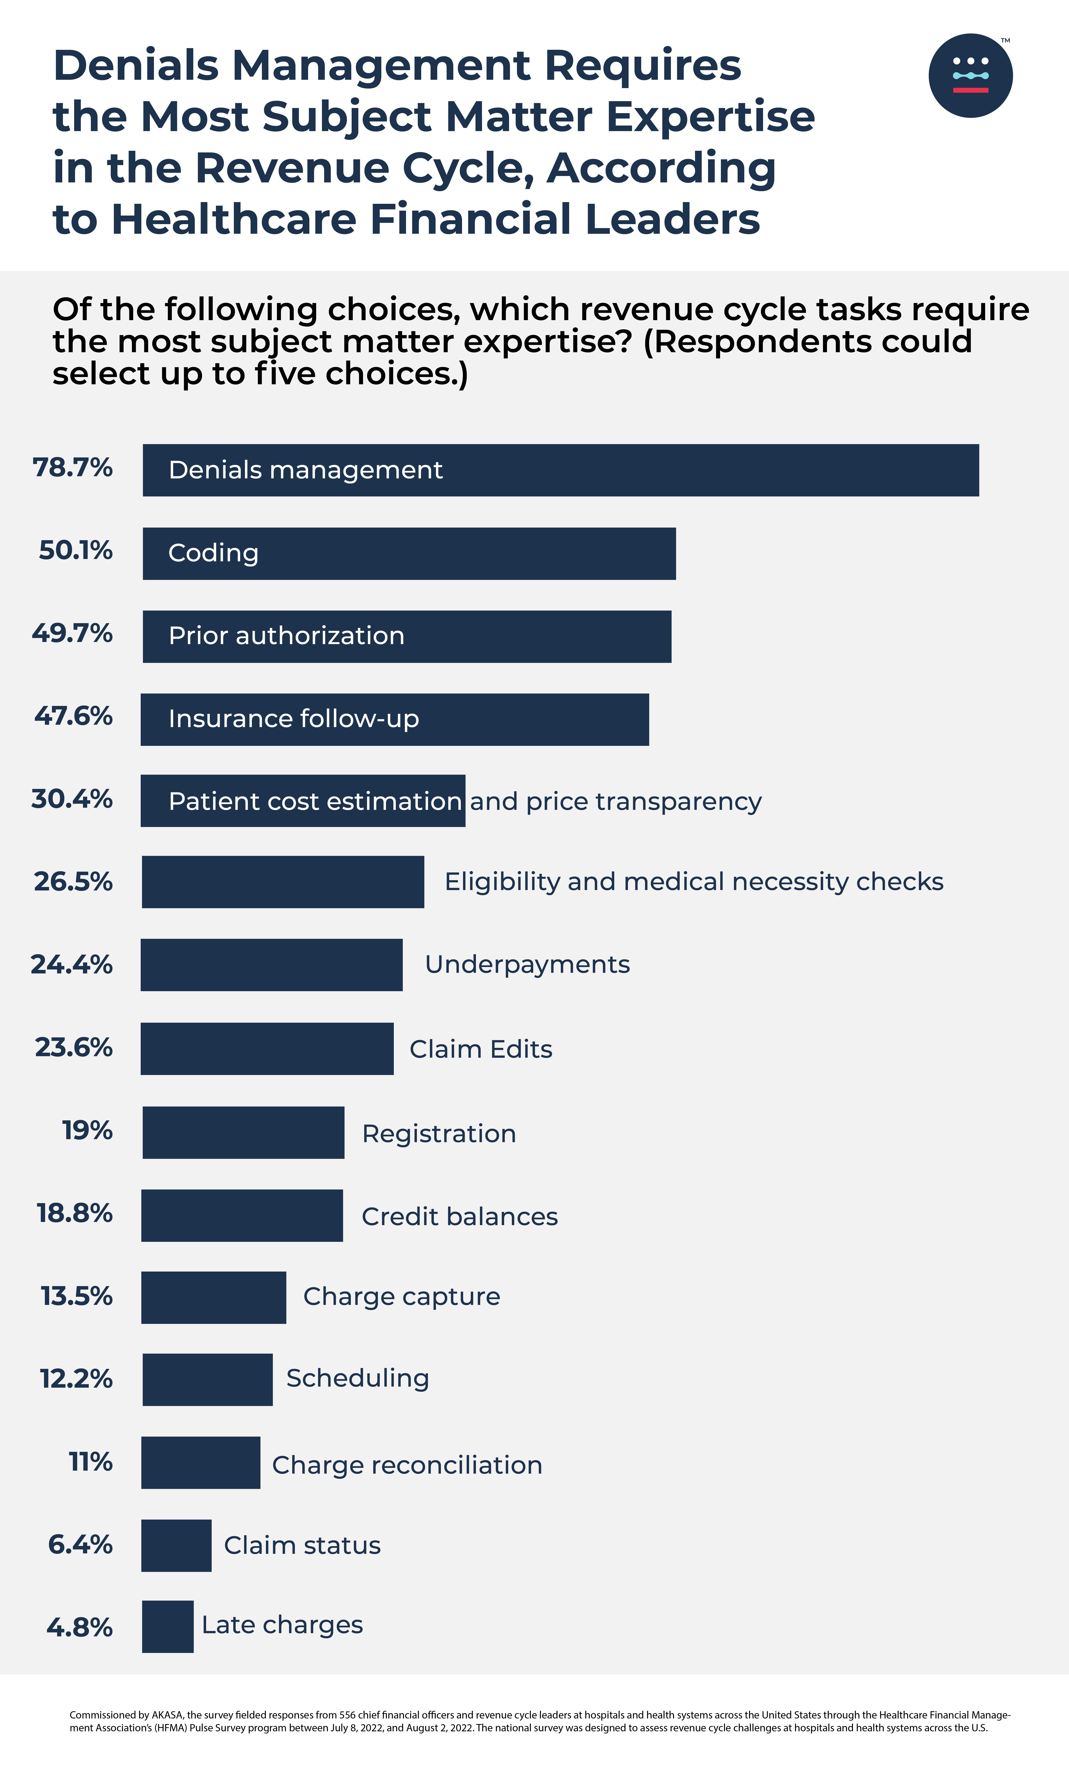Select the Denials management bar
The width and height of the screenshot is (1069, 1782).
coord(560,470)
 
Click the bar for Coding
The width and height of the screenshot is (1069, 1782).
coord(409,553)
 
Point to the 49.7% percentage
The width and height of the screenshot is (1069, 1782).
coord(72,634)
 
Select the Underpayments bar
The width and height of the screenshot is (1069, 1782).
coord(272,964)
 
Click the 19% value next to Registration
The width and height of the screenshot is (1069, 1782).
coord(87,1131)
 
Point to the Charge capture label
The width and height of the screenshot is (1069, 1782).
coord(401,1297)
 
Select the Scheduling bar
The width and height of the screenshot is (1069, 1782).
coord(207,1379)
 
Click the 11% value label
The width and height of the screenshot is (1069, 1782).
coord(91,1462)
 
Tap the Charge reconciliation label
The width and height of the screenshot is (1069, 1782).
coord(407,1465)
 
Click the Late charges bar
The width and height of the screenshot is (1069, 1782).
coord(168,1626)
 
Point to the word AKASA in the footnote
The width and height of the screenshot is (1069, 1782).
coord(167,1715)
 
